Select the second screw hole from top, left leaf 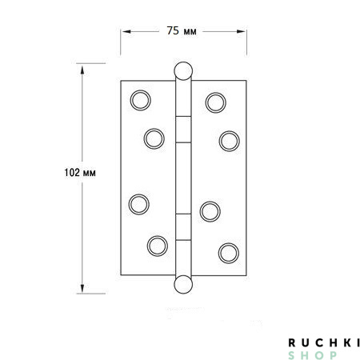pos(154,138)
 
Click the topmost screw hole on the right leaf pos(214,101)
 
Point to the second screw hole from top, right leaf pos(230,140)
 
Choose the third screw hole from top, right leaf pos(210,210)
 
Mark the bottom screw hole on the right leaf pos(230,251)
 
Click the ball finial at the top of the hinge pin pos(184,71)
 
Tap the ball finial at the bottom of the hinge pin pos(184,285)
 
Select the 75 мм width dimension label pos(182,31)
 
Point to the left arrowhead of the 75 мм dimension pos(125,31)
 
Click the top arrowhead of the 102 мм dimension pos(82,67)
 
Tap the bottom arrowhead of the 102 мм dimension pos(82,290)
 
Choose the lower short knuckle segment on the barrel pos(184,226)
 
